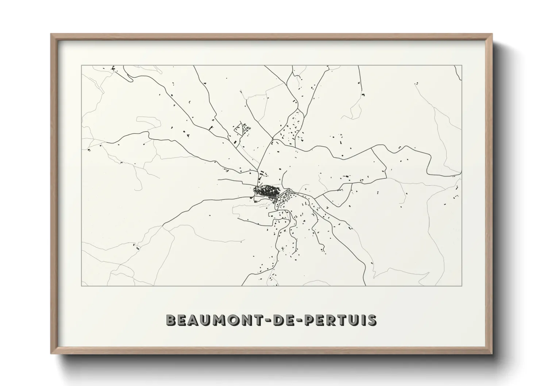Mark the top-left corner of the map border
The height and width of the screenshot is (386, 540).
click(81, 65)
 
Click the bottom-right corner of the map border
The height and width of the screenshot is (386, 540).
click(462, 286)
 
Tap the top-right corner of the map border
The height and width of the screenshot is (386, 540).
click(462, 65)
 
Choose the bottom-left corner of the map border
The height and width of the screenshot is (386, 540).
click(81, 286)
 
